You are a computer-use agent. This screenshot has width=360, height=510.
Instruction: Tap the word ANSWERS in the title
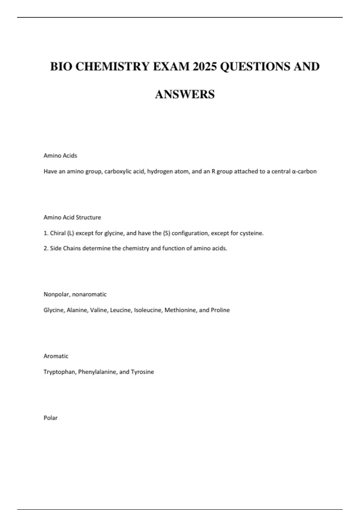pyautogui.click(x=185, y=94)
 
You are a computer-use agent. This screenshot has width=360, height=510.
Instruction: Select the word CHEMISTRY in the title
pyautogui.click(x=112, y=67)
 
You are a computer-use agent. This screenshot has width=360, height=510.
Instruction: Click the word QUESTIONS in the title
pyautogui.click(x=255, y=67)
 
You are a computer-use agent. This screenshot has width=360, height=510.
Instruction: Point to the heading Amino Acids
pyautogui.click(x=60, y=156)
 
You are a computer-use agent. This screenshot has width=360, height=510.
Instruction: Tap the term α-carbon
pyautogui.click(x=304, y=172)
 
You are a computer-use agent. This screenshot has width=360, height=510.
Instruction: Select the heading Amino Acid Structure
pyautogui.click(x=72, y=217)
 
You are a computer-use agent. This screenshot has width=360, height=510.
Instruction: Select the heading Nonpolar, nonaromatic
pyautogui.click(x=75, y=294)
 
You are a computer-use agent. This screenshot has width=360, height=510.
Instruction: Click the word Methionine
pyautogui.click(x=180, y=310)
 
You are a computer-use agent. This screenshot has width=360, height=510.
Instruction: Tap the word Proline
pyautogui.click(x=220, y=310)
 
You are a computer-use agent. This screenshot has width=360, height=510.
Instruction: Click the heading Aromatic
pyautogui.click(x=56, y=356)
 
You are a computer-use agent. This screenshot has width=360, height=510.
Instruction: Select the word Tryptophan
pyautogui.click(x=60, y=372)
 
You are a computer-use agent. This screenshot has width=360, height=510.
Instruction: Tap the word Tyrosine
pyautogui.click(x=142, y=372)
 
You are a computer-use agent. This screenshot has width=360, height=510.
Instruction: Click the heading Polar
pyautogui.click(x=50, y=418)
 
